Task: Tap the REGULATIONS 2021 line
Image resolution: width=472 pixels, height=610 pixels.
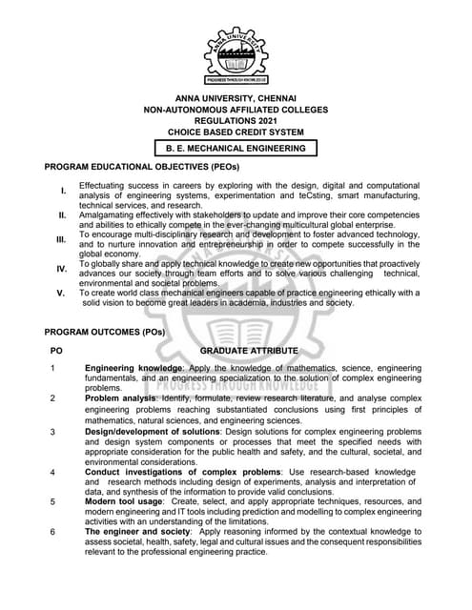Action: click(236, 123)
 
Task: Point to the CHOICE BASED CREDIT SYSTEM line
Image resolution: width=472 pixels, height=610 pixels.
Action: click(236, 134)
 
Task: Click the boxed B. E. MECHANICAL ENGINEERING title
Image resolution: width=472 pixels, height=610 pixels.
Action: click(236, 149)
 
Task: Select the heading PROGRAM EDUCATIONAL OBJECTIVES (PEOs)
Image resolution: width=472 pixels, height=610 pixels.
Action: click(142, 167)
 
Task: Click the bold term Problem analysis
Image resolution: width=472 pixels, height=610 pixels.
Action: click(120, 398)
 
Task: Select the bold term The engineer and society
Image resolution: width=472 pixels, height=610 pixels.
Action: click(130, 531)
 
